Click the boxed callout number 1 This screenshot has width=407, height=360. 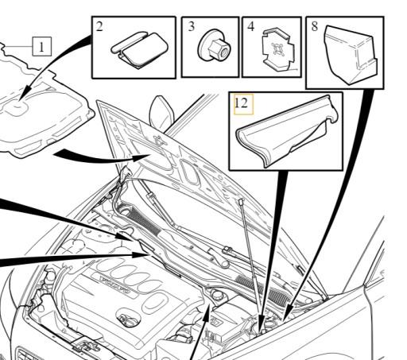(x=41, y=47)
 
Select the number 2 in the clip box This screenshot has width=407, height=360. (x=99, y=27)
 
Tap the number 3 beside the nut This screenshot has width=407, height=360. (x=191, y=26)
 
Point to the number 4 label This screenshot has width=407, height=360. (x=250, y=27)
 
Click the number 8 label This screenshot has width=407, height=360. (x=314, y=26)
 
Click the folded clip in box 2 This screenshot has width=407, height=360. (x=139, y=48)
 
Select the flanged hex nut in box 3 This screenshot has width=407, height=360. (x=214, y=45)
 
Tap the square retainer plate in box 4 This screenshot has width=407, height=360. (x=277, y=50)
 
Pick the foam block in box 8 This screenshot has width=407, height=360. (x=350, y=55)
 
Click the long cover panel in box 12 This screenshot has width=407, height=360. (x=287, y=132)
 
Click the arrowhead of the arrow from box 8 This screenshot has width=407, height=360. (x=287, y=312)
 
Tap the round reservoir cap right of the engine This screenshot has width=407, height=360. (x=218, y=295)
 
